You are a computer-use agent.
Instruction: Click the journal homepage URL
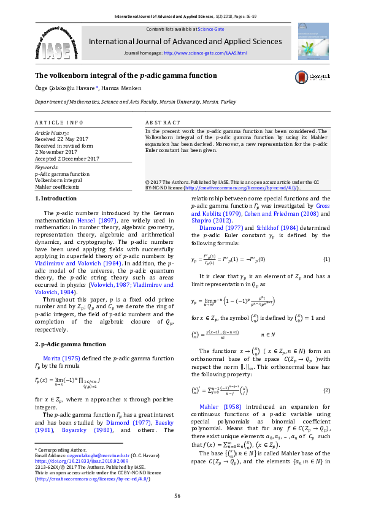coord(205,53)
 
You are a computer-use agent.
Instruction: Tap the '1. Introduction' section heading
coord(56,198)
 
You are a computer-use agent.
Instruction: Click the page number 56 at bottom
coord(183,495)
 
